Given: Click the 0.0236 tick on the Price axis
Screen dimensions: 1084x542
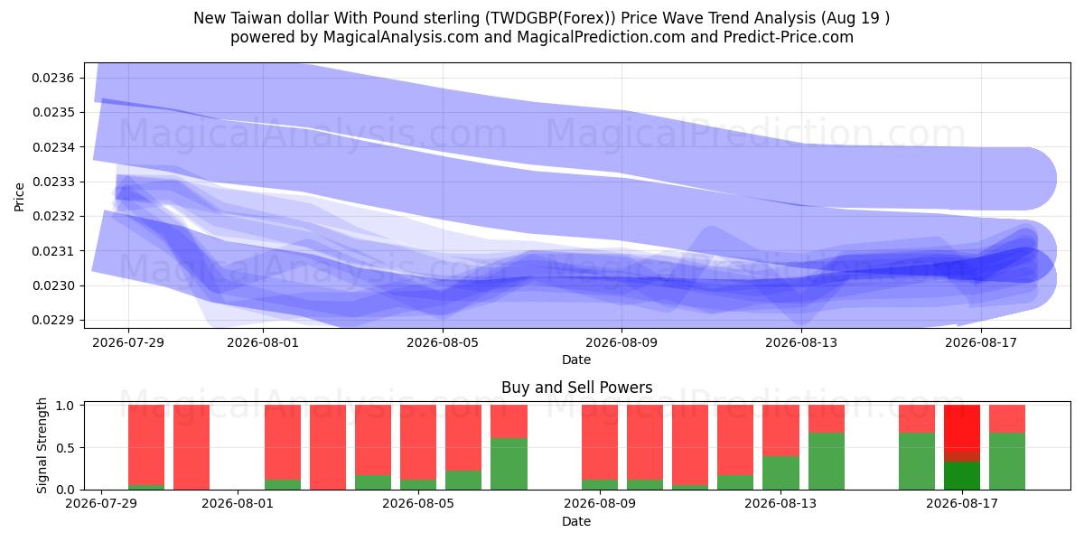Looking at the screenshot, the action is coord(52,78).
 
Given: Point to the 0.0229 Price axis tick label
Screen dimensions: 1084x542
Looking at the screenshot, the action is coord(52,321).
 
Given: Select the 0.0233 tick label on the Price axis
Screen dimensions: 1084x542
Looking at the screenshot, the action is coord(52,182).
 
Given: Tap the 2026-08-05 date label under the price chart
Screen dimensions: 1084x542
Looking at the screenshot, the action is coord(443,342).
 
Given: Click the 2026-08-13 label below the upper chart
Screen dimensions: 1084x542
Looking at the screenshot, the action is coord(801,342).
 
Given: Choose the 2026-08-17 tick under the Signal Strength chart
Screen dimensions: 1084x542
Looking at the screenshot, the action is coord(962,504).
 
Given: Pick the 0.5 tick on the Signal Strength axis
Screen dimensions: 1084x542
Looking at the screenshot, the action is coord(65,448).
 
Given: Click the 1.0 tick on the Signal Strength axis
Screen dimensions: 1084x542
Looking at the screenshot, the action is coord(65,406).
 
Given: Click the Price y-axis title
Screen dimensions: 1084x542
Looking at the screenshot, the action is coord(19,197).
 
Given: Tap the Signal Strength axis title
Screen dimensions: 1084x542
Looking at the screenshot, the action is coord(42,445).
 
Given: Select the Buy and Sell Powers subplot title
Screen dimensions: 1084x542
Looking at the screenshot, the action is coord(577,388).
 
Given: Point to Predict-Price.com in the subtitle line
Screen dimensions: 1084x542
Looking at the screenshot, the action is coord(789,37).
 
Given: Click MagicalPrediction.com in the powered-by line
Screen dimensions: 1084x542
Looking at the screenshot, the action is coord(601,37).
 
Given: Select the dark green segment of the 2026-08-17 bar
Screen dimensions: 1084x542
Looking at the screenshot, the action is coord(962,476).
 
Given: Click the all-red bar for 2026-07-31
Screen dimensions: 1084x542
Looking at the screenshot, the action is coord(192,447).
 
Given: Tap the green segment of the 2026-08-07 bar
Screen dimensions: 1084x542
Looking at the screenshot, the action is coord(509,463).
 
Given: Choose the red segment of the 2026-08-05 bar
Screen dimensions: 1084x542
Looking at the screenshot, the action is coord(418,443).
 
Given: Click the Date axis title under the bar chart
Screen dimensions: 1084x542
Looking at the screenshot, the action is coord(576,522).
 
